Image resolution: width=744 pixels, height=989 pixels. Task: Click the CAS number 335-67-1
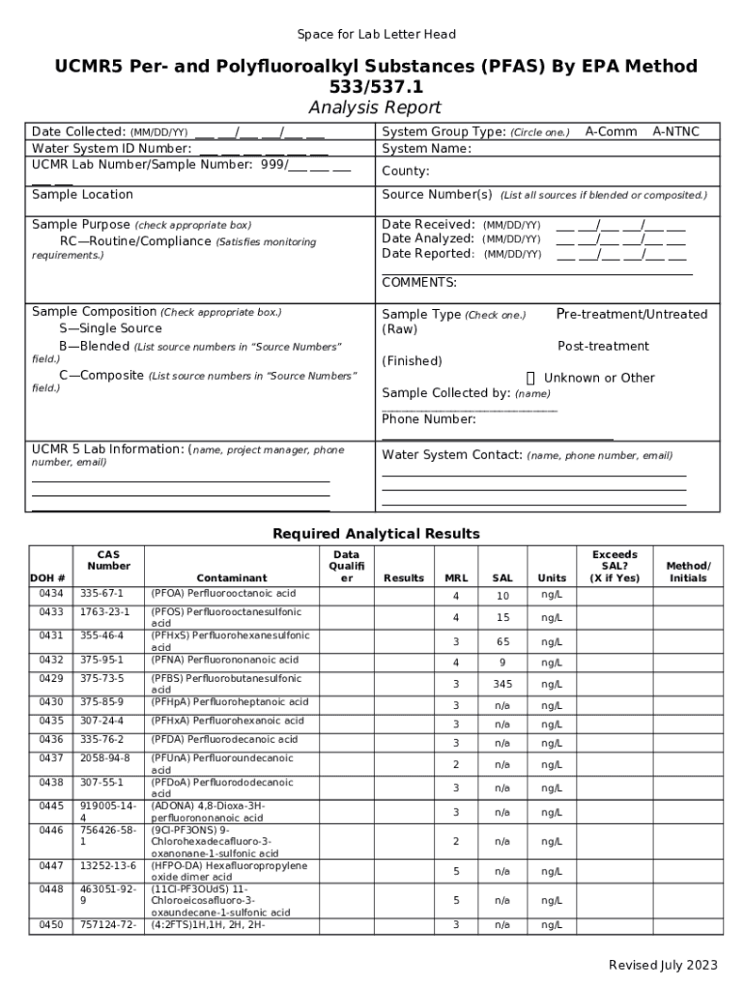coord(101,593)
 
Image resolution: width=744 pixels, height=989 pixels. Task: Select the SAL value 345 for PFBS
coord(502,684)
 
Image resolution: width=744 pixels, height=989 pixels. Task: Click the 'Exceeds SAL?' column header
coord(615,566)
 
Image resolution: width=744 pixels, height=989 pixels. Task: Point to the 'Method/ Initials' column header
coord(688,572)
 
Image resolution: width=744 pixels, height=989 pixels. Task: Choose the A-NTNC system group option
coord(675,131)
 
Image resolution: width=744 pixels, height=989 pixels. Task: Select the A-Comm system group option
coord(611,131)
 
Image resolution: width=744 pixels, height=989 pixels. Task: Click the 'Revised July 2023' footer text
coord(663,965)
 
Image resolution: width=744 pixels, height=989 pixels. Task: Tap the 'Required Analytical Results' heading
coord(376,534)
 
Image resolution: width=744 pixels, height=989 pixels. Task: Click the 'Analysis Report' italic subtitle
coord(374,107)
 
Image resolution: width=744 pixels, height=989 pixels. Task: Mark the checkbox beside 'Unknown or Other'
coord(530,378)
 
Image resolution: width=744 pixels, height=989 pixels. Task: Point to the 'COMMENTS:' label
coord(419,283)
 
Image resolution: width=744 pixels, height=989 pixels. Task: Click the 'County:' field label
coord(406,171)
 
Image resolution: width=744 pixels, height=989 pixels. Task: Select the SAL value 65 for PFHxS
coord(502,641)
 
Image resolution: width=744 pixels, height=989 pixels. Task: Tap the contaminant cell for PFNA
coord(224,660)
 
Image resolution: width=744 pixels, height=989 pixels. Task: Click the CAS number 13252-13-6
coord(107,866)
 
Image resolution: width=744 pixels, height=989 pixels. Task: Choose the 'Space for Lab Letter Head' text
coord(376,35)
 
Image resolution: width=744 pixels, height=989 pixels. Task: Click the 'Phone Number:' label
coord(429,419)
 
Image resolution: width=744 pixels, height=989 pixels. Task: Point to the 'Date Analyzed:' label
coord(428,239)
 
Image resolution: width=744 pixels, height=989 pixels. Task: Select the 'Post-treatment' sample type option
coord(603,346)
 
